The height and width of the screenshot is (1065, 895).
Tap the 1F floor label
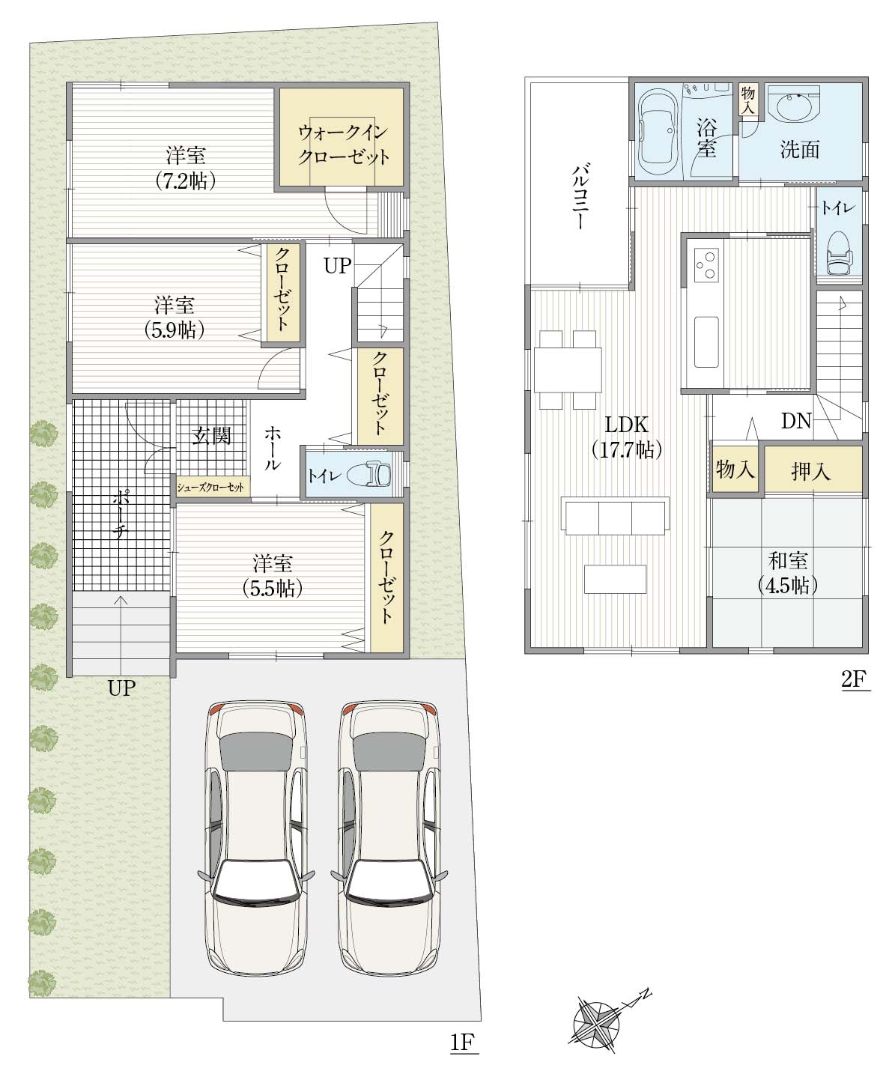pos(463,1042)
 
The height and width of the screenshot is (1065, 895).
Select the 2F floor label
pos(855,679)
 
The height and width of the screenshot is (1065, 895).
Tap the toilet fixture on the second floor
pos(840,255)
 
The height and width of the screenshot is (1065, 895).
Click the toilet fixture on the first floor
pos(369,473)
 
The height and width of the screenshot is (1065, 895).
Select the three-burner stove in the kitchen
pos(706,265)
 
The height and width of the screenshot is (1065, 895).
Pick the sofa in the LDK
pos(615,516)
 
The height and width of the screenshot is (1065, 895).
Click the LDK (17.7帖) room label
pos(627,437)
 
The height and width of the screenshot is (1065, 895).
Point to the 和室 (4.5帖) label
pos(788,573)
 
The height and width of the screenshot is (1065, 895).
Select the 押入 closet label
pos(810,471)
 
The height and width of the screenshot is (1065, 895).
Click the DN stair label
pos(796,422)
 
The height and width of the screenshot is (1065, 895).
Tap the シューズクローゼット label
pos(210,487)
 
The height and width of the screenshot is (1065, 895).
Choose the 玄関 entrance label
pos(212,436)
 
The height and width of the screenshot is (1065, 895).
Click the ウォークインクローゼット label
pos(343,145)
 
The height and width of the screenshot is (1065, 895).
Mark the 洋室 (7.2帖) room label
pos(186,168)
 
